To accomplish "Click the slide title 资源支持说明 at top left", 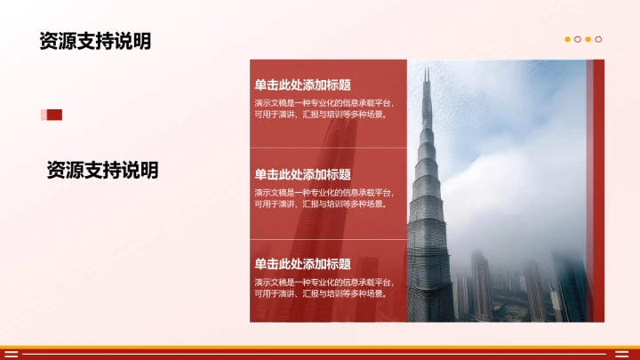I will (94, 42).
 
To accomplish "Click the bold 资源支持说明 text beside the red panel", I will (102, 170).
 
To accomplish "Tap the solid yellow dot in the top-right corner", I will (568, 39).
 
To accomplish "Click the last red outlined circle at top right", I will (598, 39).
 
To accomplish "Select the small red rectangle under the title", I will (52, 115).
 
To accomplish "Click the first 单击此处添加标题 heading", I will (302, 85).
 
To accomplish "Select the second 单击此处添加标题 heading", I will (302, 174).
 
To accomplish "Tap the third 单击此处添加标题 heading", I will (302, 264).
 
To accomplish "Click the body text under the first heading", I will (324, 108).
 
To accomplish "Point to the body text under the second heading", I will (324, 197).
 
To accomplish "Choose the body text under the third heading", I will (324, 287).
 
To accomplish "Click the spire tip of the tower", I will (426, 73).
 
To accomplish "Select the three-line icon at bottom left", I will (11, 354).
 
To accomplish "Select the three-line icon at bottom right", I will (628, 354).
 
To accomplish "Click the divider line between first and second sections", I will (327, 148).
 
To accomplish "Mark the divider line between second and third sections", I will (327, 238).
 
